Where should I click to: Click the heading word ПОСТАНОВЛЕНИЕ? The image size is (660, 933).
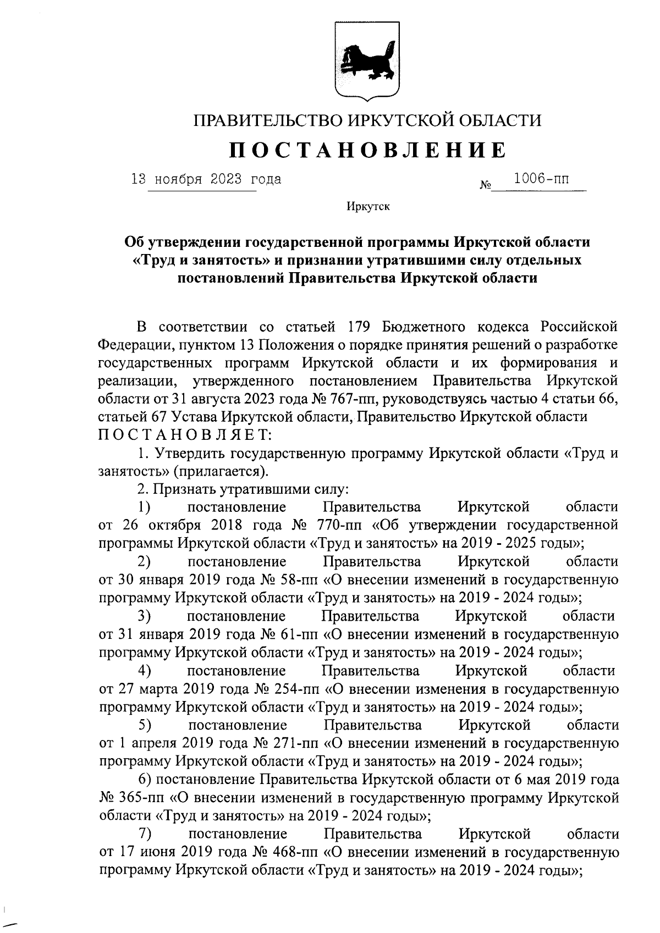(x=367, y=150)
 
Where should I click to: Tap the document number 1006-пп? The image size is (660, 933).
(x=541, y=179)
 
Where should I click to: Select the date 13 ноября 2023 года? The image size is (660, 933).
(x=206, y=179)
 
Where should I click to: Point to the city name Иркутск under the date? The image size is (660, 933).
(x=368, y=207)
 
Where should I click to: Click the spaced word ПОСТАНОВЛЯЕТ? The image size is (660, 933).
(x=184, y=435)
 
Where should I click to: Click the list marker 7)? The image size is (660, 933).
(x=145, y=834)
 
